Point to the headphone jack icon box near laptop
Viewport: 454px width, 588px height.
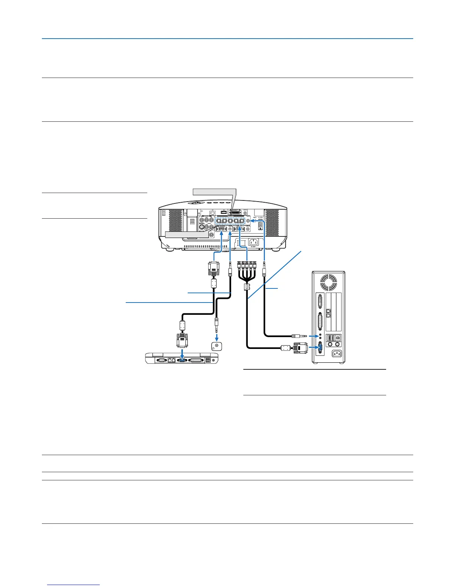tap(216, 346)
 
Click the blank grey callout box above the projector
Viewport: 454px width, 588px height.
tap(214, 192)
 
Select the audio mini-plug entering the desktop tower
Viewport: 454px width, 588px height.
tap(299, 336)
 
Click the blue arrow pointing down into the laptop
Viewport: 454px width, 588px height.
tap(182, 352)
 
